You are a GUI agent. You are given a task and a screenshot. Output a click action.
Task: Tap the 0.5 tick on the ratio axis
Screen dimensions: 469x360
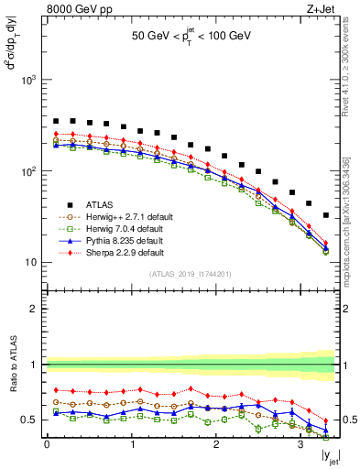coord(30,420)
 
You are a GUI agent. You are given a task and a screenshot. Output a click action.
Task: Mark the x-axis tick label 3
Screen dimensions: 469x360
coord(300,447)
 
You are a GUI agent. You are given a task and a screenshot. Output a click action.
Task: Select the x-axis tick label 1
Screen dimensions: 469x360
coord(132,447)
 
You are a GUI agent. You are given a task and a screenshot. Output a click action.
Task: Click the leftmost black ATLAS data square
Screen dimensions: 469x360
coord(56,121)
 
